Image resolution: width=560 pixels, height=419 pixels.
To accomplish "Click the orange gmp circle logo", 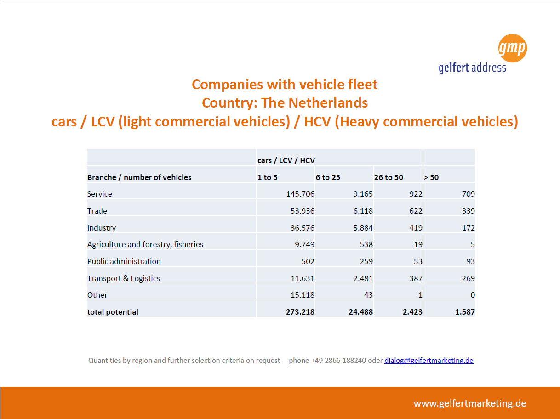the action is (513, 48).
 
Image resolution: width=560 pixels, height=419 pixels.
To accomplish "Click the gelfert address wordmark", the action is (472, 68).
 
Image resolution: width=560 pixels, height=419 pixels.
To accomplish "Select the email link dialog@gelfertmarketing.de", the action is (429, 360).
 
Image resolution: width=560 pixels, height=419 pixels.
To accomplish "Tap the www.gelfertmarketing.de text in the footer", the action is (470, 403).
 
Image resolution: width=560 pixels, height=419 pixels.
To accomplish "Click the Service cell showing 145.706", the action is (300, 194).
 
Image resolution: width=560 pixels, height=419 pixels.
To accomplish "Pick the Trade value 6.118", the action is (363, 211).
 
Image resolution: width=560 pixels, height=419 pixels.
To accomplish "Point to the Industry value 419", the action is (416, 227).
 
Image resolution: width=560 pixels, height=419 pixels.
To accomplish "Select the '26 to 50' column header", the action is (389, 177).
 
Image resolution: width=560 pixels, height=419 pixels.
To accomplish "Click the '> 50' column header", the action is (431, 177).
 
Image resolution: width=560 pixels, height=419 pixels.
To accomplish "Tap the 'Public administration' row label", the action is (124, 261).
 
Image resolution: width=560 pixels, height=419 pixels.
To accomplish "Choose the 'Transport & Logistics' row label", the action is (124, 278).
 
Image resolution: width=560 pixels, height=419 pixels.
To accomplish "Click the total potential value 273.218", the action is (300, 311).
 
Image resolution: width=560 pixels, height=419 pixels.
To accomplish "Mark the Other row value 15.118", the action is (303, 295).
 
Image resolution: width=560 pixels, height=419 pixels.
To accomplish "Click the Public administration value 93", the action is (470, 261).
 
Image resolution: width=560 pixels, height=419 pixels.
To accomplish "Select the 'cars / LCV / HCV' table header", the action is (286, 160).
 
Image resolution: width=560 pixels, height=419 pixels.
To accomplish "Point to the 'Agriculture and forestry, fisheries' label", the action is (145, 244).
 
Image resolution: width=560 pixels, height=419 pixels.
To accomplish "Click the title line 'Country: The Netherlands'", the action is (285, 103).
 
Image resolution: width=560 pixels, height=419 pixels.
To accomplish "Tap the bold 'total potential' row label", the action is (113, 312).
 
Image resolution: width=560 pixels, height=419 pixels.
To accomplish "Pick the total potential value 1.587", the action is (465, 311).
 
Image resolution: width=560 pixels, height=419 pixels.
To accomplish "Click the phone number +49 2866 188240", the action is (338, 360).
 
